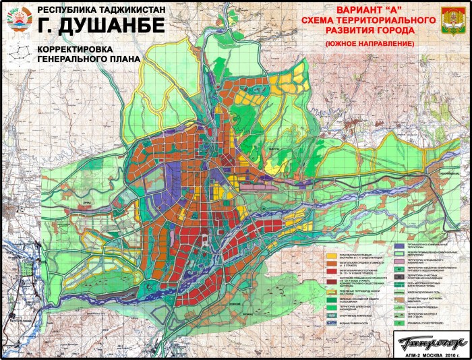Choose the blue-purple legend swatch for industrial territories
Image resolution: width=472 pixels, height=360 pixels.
399,247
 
